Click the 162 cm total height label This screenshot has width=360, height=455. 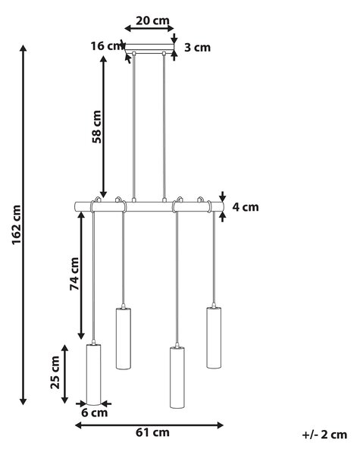coord(17,225)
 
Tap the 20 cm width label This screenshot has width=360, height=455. coord(152,20)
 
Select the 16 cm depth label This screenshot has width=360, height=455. coord(107,45)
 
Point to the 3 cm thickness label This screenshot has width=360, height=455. coord(198,47)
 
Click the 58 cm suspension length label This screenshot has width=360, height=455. coord(97,127)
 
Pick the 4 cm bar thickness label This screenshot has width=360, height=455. coord(246,207)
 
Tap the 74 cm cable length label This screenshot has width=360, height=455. coord(74,274)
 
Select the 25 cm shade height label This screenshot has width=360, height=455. coord(55,372)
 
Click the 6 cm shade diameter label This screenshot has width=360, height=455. coord(95,413)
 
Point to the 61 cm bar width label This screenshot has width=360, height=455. coord(152,432)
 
